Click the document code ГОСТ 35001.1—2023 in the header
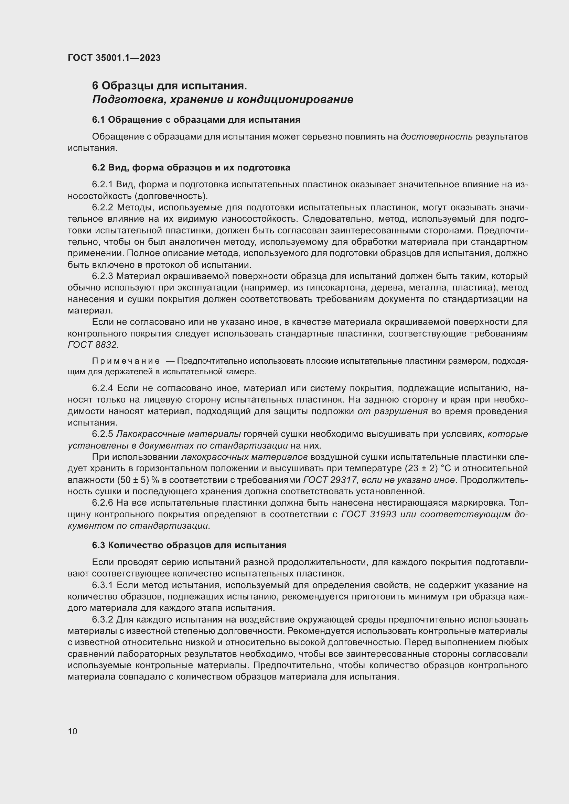point(114,58)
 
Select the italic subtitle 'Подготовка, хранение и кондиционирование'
point(223,100)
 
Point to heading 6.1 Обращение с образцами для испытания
point(196,120)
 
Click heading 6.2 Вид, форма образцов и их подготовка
point(191,167)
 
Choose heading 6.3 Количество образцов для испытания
point(189,545)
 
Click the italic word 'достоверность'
point(437,136)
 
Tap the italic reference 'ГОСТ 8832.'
point(93,345)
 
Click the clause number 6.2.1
point(102,185)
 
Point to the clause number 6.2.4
point(102,388)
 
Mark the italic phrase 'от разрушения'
point(393,411)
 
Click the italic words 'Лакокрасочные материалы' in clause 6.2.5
point(178,434)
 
